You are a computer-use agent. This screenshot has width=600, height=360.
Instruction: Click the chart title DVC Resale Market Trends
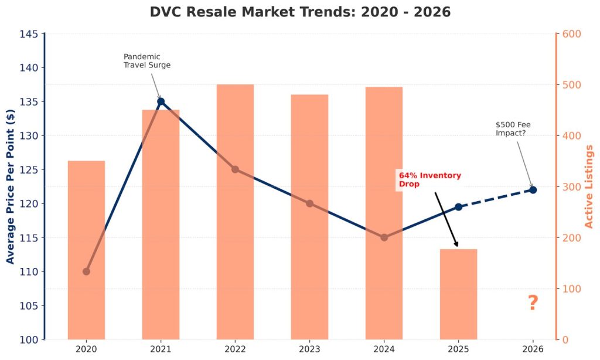pyautogui.click(x=300, y=12)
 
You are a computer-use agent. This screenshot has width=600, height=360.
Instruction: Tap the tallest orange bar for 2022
pyautogui.click(x=235, y=212)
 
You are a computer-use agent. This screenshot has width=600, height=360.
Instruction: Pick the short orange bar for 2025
pyautogui.click(x=458, y=294)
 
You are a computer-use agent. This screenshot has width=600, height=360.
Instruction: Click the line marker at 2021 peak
pyautogui.click(x=161, y=101)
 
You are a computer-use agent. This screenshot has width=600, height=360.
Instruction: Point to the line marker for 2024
pyautogui.click(x=384, y=237)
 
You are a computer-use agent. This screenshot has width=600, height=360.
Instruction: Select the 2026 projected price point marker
pyautogui.click(x=533, y=190)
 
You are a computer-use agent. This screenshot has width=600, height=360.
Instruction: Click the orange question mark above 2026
pyautogui.click(x=533, y=303)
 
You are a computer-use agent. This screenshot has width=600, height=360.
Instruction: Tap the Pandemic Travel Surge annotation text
pyautogui.click(x=146, y=61)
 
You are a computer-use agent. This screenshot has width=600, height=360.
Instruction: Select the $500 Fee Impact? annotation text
pyautogui.click(x=513, y=129)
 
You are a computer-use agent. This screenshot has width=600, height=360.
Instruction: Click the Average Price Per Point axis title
pyautogui.click(x=11, y=186)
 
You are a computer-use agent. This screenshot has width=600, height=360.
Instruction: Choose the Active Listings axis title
pyautogui.click(x=589, y=186)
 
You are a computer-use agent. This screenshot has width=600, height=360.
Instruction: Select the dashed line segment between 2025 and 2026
pyautogui.click(x=496, y=198)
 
